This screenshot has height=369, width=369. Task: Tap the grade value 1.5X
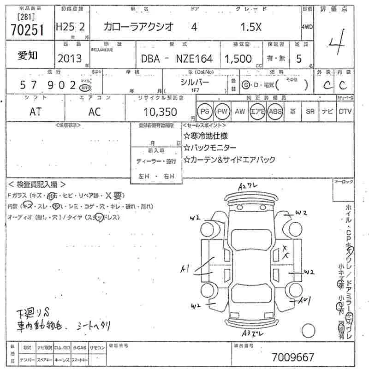pyautogui.click(x=251, y=27)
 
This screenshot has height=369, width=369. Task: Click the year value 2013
pyautogui.click(x=70, y=59)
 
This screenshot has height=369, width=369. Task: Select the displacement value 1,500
pyautogui.click(x=238, y=59)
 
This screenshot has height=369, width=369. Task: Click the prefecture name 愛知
pyautogui.click(x=28, y=55)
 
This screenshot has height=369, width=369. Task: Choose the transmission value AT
pyautogui.click(x=36, y=112)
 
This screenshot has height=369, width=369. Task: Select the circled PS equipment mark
pyautogui.click(x=204, y=111)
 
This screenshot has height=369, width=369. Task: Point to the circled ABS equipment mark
pyautogui.click(x=275, y=111)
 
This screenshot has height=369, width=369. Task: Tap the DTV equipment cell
pyautogui.click(x=345, y=111)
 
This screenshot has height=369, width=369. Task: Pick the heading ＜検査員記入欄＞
pyautogui.click(x=36, y=184)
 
